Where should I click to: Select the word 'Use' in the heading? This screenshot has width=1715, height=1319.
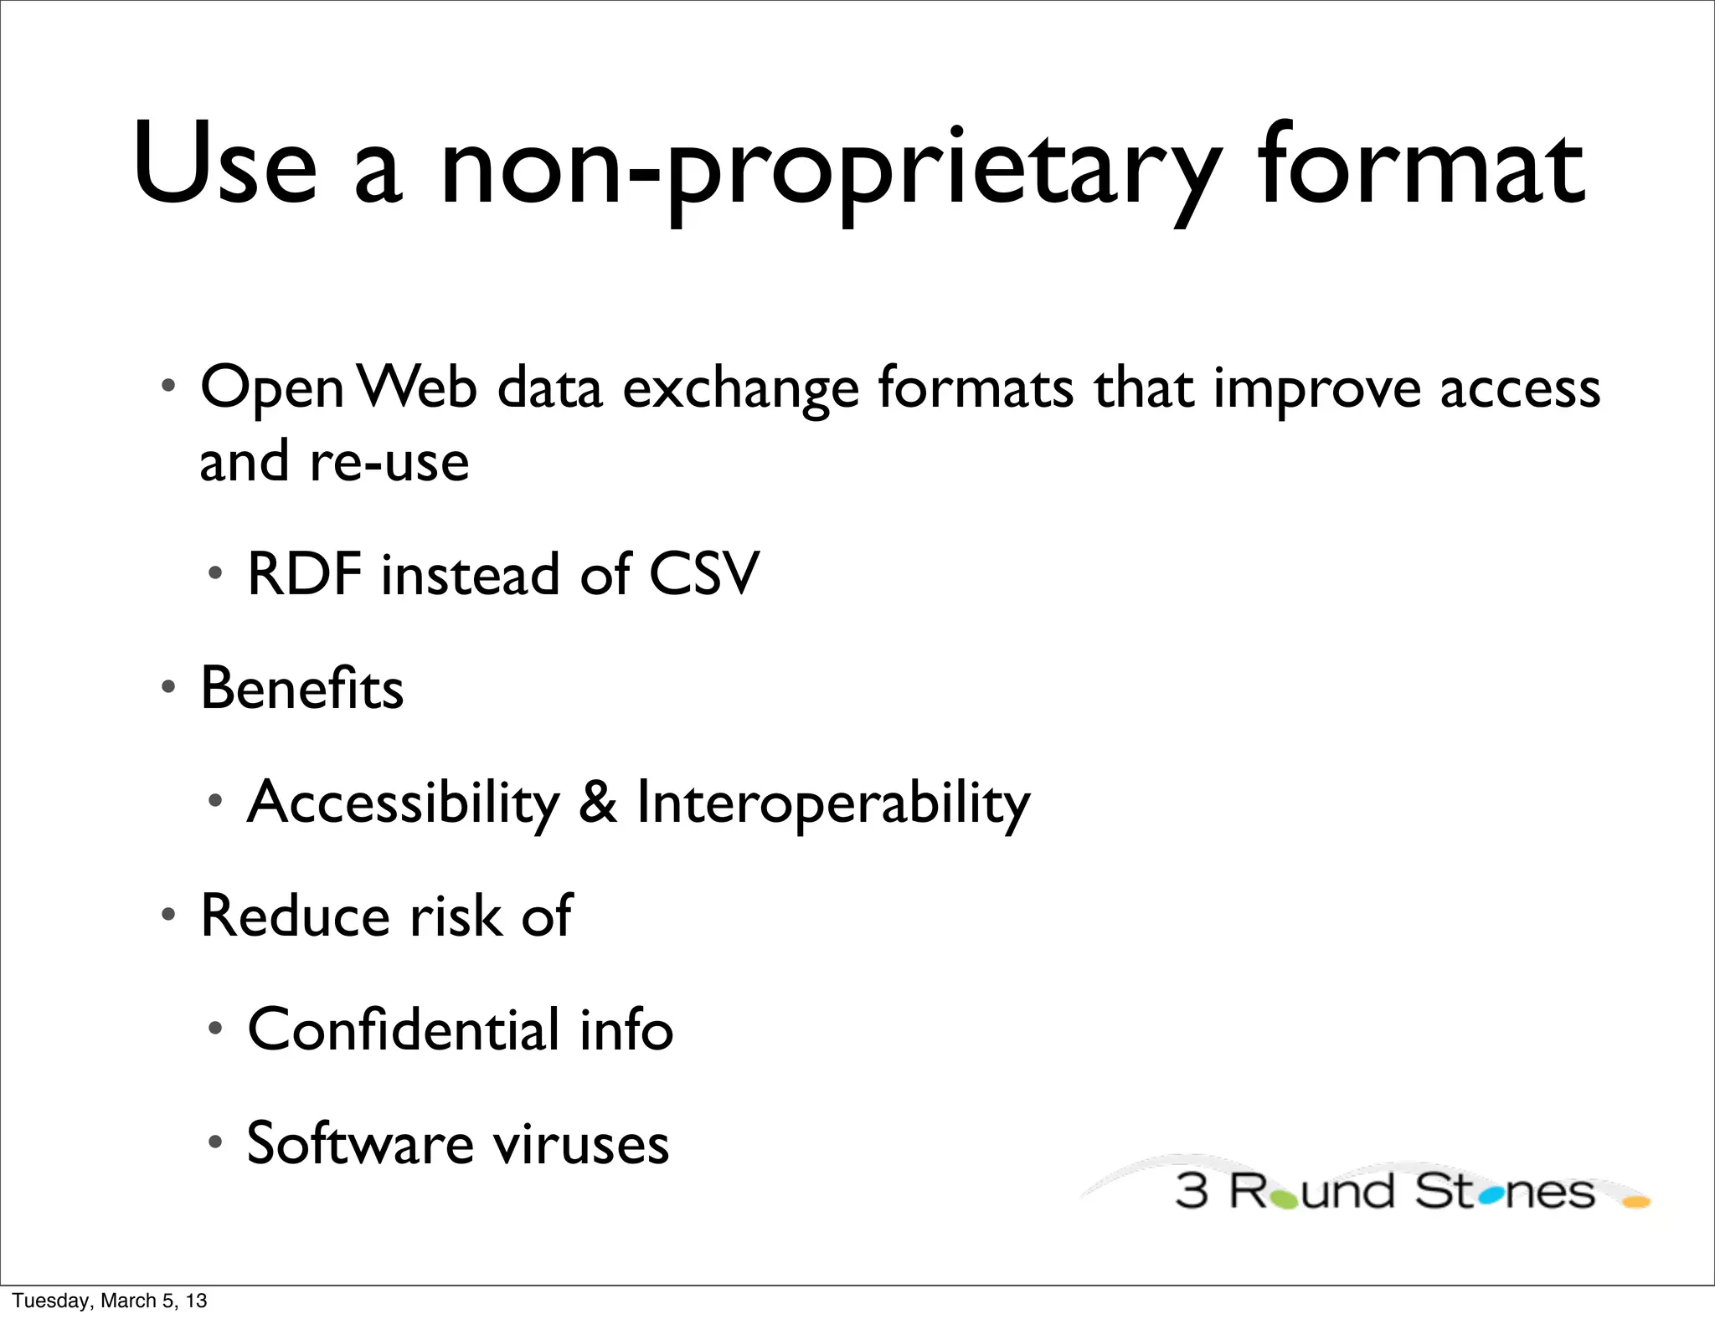point(225,166)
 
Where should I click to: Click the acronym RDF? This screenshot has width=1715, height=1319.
point(305,574)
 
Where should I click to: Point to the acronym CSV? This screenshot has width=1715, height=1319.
point(703,574)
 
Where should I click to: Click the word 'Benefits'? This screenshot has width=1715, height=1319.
point(301,688)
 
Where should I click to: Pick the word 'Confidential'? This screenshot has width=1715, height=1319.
point(403,1029)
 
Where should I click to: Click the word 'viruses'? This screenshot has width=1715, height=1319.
point(580,1144)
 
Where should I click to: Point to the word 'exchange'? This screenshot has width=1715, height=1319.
point(740,390)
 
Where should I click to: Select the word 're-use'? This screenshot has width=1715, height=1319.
point(389,463)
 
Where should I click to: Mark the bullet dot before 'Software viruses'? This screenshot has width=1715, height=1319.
point(216,1142)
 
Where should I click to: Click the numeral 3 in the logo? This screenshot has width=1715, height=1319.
point(1192,1192)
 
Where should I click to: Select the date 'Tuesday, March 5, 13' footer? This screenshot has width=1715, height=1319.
point(110,1301)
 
